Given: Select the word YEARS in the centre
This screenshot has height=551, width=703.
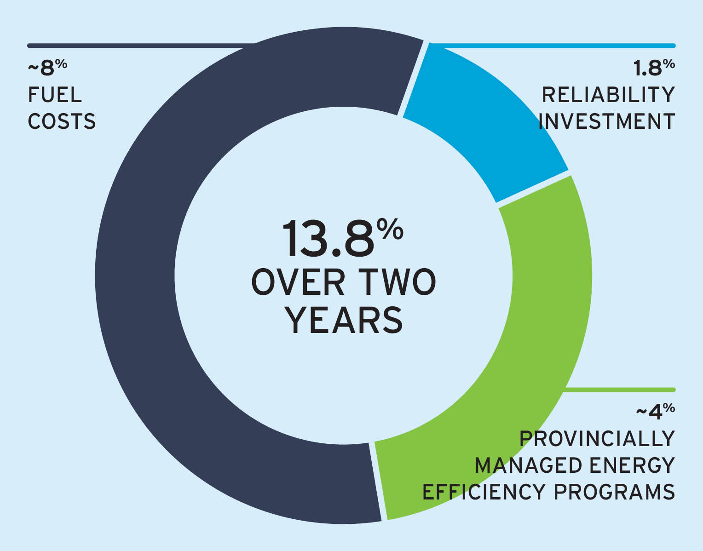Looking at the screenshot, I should (x=344, y=321).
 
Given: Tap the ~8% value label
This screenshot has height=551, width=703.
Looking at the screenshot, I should (x=48, y=68).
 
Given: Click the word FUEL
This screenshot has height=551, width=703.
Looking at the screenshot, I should (x=55, y=95).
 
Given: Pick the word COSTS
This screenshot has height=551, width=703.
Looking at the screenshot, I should (x=62, y=121).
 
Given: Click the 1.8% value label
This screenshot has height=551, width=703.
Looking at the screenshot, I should (x=653, y=68).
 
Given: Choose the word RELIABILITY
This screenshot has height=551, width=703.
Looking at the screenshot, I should (x=608, y=95).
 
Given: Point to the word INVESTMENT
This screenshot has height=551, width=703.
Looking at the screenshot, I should (x=606, y=121).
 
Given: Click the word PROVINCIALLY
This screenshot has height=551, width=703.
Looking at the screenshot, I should (x=597, y=439).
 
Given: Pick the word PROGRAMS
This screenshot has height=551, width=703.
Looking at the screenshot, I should (x=614, y=492).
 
